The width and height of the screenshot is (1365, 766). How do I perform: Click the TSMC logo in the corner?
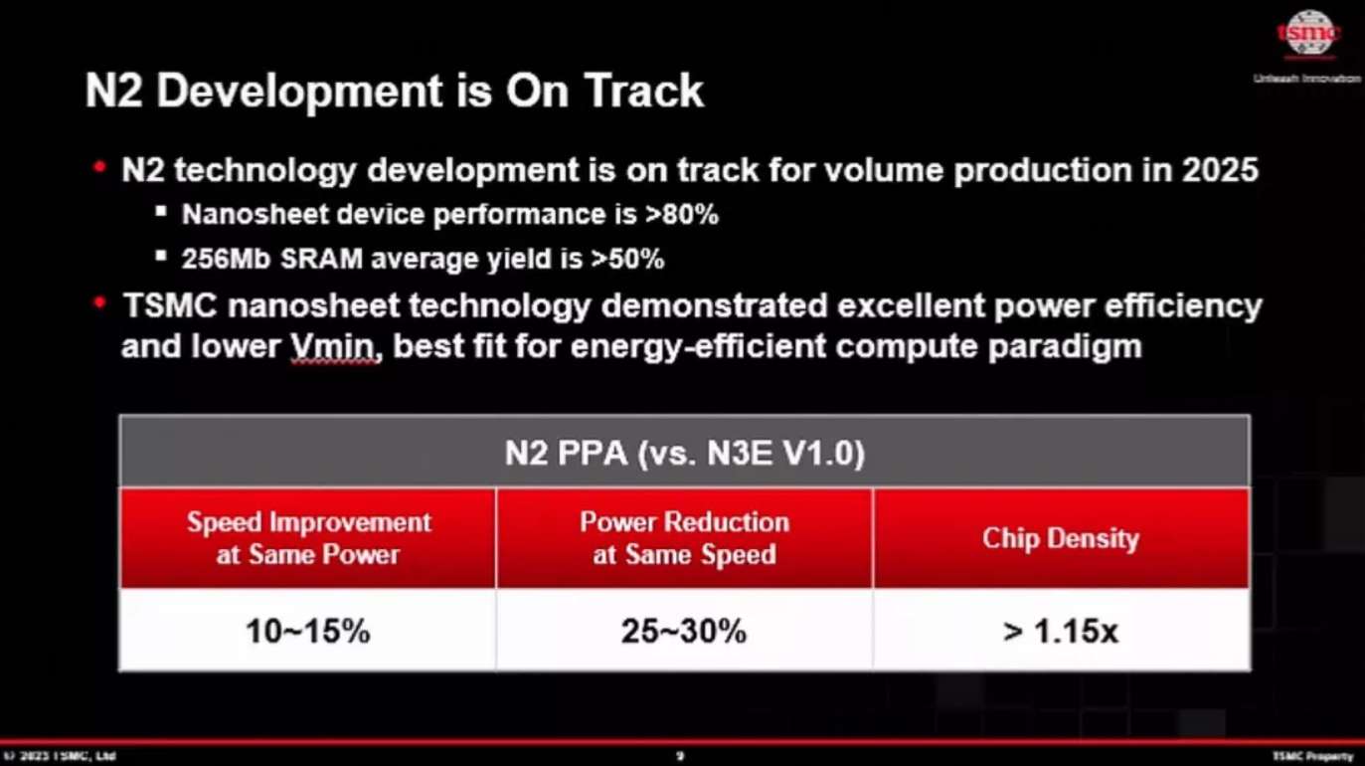[1307, 34]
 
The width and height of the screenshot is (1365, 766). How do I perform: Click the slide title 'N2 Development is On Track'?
[395, 91]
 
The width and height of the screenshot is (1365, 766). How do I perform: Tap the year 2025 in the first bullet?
[1220, 170]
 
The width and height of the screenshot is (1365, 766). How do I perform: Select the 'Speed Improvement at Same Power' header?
[308, 538]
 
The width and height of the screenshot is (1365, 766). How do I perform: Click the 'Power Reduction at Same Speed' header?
[684, 538]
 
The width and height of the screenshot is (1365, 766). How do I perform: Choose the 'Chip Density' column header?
[1060, 538]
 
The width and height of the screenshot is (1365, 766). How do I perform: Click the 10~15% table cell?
[308, 631]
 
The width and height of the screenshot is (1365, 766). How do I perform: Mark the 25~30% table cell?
[684, 631]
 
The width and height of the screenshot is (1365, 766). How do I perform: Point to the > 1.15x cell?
[1060, 631]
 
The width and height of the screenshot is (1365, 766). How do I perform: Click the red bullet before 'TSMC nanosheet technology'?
[98, 301]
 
